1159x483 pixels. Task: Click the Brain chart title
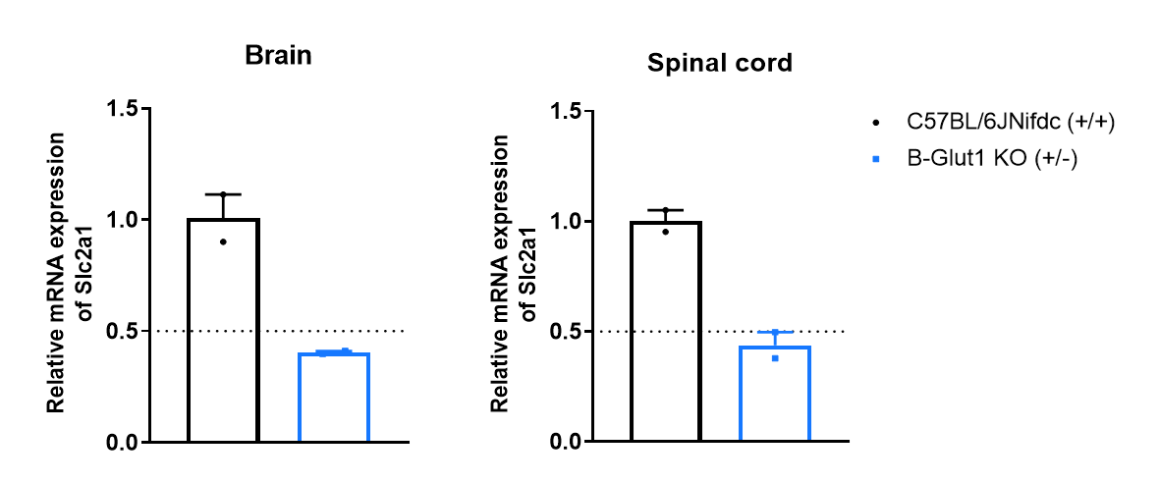pyautogui.click(x=278, y=55)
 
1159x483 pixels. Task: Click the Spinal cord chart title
pyautogui.click(x=719, y=64)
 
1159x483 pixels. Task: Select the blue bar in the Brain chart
pyautogui.click(x=333, y=398)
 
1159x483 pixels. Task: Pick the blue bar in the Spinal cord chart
pyautogui.click(x=775, y=394)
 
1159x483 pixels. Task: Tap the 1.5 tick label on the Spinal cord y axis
pyautogui.click(x=564, y=110)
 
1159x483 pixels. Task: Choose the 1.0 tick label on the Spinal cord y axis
pyautogui.click(x=564, y=221)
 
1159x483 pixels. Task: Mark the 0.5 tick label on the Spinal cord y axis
pyautogui.click(x=564, y=332)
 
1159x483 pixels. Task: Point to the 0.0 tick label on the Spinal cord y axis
pyautogui.click(x=564, y=443)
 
